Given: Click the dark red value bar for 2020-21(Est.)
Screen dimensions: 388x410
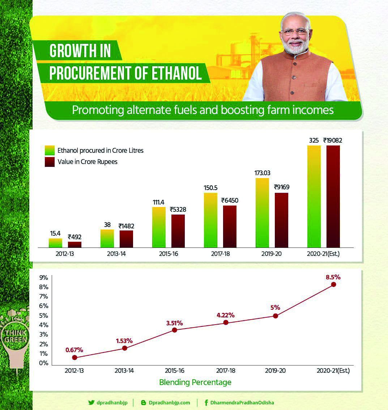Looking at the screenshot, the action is [333, 196].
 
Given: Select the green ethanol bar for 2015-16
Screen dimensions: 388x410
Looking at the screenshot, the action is [159, 227].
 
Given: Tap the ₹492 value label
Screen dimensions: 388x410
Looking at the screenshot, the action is [75, 237].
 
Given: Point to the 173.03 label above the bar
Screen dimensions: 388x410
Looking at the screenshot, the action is [262, 173].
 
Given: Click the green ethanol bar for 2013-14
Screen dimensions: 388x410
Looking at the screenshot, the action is [107, 238].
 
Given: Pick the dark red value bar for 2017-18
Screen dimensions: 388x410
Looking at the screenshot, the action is [230, 227].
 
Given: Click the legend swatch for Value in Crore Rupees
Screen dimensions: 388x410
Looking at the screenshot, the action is [50, 162].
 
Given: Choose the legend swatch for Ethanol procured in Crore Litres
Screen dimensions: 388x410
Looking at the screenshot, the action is [50, 150].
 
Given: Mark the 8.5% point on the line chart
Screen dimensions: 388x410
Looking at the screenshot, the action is [333, 284].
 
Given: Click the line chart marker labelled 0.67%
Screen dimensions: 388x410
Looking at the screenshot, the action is [75, 358].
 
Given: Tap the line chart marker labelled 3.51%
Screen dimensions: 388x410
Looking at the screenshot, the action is [175, 330].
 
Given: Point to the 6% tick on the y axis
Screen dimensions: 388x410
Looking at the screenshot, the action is [44, 306].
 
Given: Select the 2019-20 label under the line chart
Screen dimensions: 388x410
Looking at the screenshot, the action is [275, 371].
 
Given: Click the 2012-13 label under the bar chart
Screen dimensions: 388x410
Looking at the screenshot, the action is [65, 254].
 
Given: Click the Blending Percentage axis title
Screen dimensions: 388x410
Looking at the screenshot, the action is [195, 382].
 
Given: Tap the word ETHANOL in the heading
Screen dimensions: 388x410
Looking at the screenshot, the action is [176, 73].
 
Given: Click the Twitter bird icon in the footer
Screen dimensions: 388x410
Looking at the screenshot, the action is [91, 403].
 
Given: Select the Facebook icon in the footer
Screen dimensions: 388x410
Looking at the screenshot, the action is [206, 403].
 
